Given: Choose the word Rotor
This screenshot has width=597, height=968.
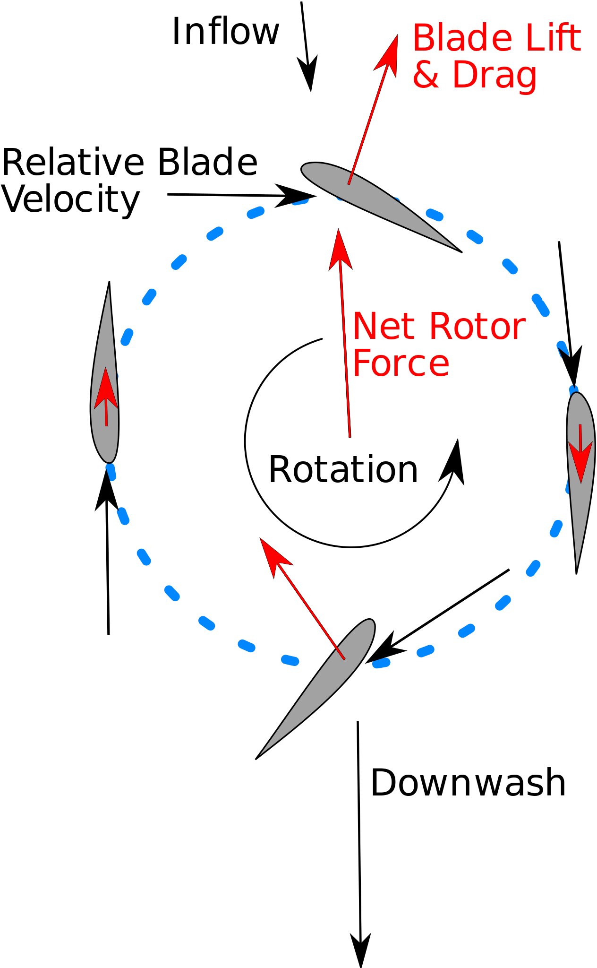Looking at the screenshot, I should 477,327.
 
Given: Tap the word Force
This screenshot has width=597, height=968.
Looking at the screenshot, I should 401,363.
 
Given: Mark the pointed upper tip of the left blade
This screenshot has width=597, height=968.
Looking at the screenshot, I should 109,290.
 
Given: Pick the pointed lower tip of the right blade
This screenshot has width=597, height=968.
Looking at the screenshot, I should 577,565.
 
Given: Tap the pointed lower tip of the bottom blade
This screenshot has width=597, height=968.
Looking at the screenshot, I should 262,753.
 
